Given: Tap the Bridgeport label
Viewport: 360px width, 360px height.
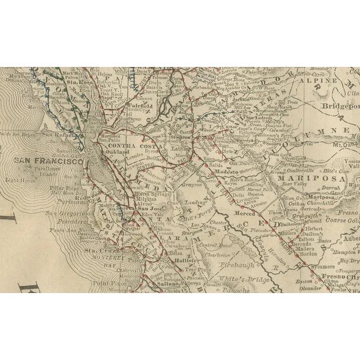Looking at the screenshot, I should (341, 106).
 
